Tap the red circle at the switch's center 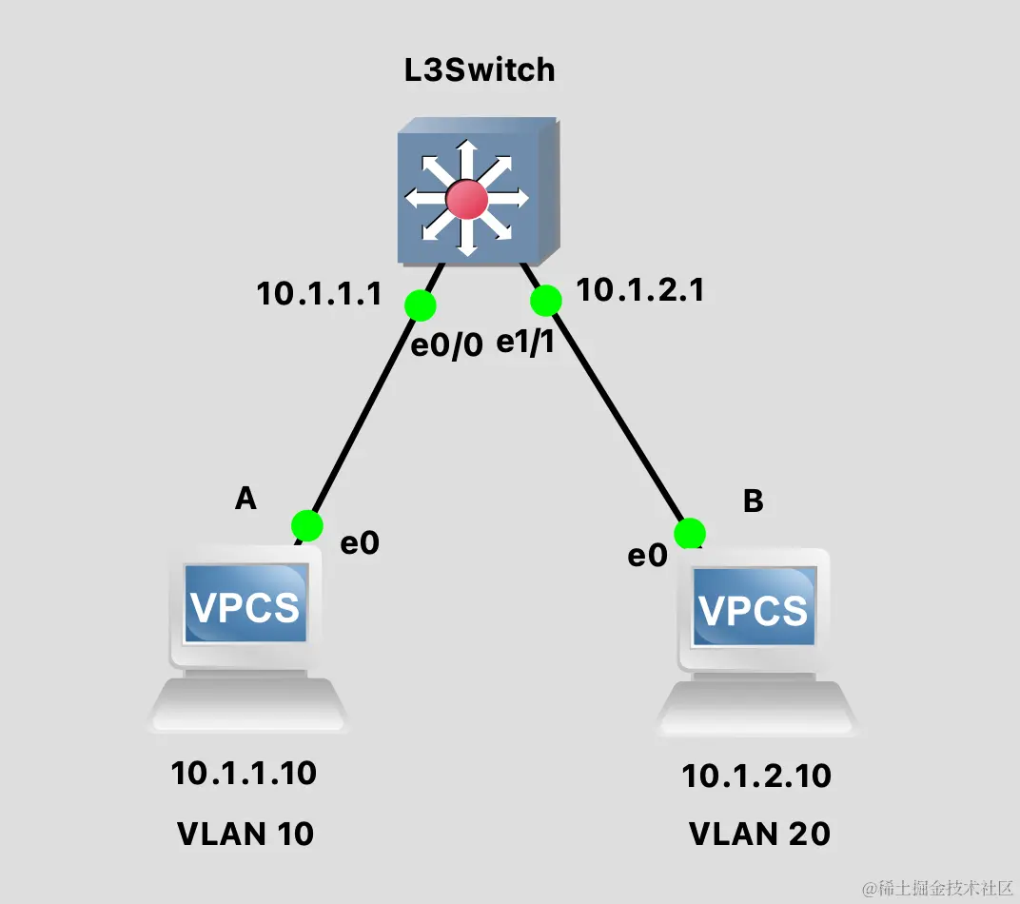(467, 200)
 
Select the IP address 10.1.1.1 (319, 294)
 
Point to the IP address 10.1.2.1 (640, 289)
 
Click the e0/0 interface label (447, 345)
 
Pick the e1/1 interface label (525, 344)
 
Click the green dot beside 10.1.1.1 (420, 305)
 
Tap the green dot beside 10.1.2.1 (546, 301)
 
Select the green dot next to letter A (307, 524)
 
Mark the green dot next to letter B (690, 534)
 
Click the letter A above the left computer (245, 498)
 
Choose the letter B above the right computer (753, 501)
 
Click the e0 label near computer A (361, 543)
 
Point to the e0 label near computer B (647, 556)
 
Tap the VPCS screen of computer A (245, 604)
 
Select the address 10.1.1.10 (244, 773)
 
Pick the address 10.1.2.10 (756, 776)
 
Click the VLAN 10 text (245, 834)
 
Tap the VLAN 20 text (759, 834)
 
